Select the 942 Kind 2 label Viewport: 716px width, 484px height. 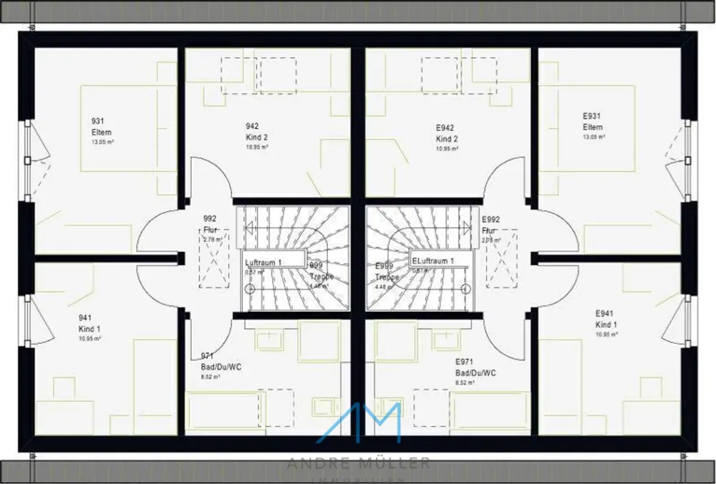tap(256, 132)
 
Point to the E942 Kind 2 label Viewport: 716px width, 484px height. tap(446, 133)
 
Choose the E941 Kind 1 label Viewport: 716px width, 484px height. tap(606, 319)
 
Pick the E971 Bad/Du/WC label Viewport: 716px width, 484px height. tap(475, 368)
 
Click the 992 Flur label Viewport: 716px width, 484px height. tap(210, 224)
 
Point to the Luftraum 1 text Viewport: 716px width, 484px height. tap(263, 263)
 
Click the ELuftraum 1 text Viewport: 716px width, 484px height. tap(432, 261)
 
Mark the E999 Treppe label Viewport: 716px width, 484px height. tap(387, 271)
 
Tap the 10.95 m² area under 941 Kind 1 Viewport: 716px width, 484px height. tap(89, 338)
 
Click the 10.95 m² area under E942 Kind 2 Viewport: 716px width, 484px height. tap(447, 149)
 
